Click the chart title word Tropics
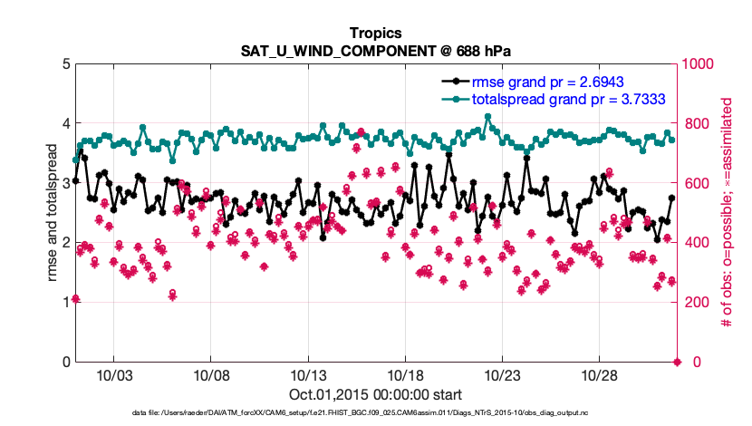[x=375, y=34]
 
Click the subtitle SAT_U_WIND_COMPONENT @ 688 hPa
[x=375, y=51]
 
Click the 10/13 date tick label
[x=309, y=375]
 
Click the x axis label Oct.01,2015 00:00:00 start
[x=375, y=394]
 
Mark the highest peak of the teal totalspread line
[x=487, y=116]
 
